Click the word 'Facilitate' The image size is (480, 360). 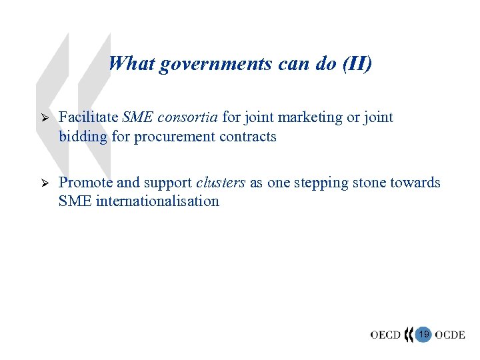87,118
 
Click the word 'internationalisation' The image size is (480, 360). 157,201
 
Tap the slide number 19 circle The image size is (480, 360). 423,333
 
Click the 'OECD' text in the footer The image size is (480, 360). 386,335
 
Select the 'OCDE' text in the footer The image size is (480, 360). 450,335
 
